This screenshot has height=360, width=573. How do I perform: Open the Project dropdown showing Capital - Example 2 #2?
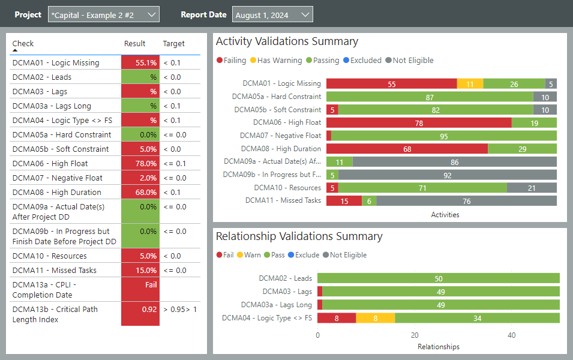click(103, 14)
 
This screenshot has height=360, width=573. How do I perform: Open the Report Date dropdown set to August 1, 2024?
click(272, 15)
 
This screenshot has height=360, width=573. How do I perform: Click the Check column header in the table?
click(23, 43)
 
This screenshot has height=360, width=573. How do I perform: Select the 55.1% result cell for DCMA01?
click(140, 62)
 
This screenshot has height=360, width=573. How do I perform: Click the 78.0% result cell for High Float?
click(140, 163)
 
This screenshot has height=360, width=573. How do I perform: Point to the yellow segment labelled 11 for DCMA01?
click(470, 84)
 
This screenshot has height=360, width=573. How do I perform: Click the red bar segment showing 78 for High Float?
click(419, 123)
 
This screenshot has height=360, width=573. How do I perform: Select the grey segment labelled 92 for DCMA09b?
click(447, 175)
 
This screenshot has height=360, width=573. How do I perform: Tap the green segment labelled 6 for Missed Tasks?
click(369, 201)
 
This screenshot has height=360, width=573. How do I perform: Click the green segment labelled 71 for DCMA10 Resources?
click(422, 188)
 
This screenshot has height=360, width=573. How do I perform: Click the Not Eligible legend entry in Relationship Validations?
click(344, 254)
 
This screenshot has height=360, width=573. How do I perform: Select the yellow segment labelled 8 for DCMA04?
click(375, 318)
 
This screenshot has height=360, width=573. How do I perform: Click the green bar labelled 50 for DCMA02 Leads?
click(439, 278)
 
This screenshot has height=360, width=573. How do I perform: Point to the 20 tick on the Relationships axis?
click(415, 335)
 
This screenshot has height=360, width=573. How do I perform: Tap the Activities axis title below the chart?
click(445, 214)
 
